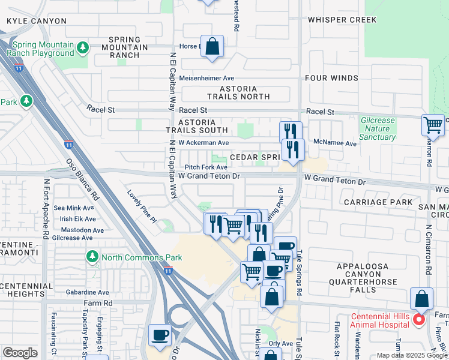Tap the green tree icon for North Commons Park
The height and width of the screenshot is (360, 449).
pyautogui.click(x=92, y=257)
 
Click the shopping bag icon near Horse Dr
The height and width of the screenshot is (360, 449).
pyautogui.click(x=212, y=46)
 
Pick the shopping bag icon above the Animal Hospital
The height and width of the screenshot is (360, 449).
pyautogui.click(x=422, y=299)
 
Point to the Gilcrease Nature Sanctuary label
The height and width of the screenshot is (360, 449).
pyautogui.click(x=378, y=128)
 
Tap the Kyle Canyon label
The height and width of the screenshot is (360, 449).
pyautogui.click(x=36, y=21)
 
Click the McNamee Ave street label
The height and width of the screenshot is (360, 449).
pyautogui.click(x=335, y=143)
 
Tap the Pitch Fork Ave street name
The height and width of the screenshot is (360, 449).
pyautogui.click(x=205, y=167)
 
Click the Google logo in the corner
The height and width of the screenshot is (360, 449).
pyautogui.click(x=20, y=353)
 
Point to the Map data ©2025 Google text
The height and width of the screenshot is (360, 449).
pyautogui.click(x=412, y=355)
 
